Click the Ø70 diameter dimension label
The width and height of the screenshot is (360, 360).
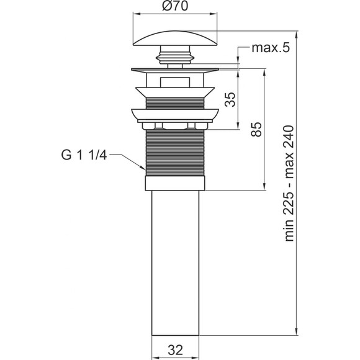click(x=175, y=6)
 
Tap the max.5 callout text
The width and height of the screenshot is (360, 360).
click(x=271, y=48)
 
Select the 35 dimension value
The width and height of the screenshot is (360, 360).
click(x=230, y=99)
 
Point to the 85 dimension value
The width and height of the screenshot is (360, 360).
click(x=256, y=130)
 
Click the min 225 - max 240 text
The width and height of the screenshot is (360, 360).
click(x=289, y=183)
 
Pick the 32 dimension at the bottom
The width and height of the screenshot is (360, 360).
click(x=175, y=350)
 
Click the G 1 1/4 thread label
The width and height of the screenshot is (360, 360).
click(x=84, y=155)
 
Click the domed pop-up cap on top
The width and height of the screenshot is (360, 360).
click(x=175, y=38)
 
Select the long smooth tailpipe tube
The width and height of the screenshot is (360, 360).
click(x=175, y=263)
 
